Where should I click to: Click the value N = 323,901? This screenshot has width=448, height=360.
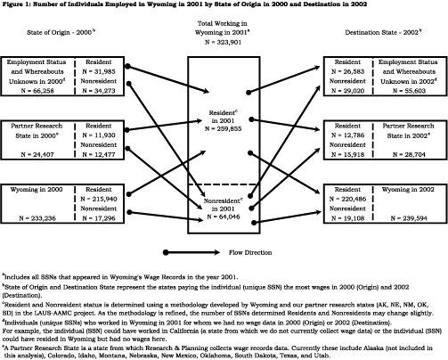click(223, 42)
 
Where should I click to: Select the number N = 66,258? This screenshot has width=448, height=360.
click(37, 91)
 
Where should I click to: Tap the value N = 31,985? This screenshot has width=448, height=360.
click(99, 71)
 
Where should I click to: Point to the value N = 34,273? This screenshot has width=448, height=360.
click(99, 91)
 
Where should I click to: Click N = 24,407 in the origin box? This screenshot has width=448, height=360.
click(37, 154)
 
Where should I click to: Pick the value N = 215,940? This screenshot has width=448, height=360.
click(99, 199)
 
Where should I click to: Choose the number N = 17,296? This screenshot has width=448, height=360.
click(99, 218)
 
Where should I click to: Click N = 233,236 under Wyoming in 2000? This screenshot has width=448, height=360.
click(37, 218)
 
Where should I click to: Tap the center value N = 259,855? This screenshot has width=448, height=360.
click(223, 129)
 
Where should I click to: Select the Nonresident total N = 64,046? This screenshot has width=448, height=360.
click(223, 217)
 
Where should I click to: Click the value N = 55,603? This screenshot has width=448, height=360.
click(409, 91)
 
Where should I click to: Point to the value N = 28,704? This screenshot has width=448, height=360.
click(409, 154)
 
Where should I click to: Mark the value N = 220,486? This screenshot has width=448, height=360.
click(347, 199)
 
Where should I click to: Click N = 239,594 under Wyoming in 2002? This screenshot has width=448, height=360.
click(409, 218)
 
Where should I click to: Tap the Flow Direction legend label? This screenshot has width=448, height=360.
click(250, 252)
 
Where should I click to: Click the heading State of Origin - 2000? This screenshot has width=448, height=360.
click(61, 32)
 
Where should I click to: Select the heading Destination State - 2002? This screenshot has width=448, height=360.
click(383, 32)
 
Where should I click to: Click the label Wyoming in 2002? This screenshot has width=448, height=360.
click(408, 190)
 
